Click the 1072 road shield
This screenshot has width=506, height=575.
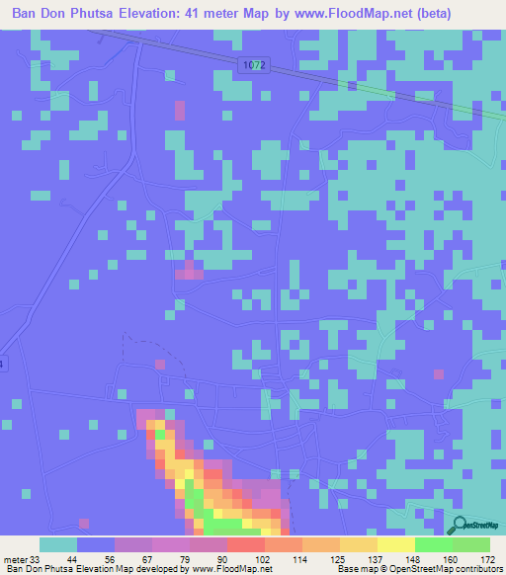point(253,64)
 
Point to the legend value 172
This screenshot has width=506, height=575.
point(489,558)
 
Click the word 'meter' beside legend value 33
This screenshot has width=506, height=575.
point(15,558)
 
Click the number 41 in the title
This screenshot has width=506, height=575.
point(223,15)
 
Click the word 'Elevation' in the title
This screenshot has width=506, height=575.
point(174,15)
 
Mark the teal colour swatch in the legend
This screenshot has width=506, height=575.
point(58,544)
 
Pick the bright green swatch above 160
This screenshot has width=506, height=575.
point(434,544)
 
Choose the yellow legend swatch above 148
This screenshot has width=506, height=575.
point(396,544)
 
